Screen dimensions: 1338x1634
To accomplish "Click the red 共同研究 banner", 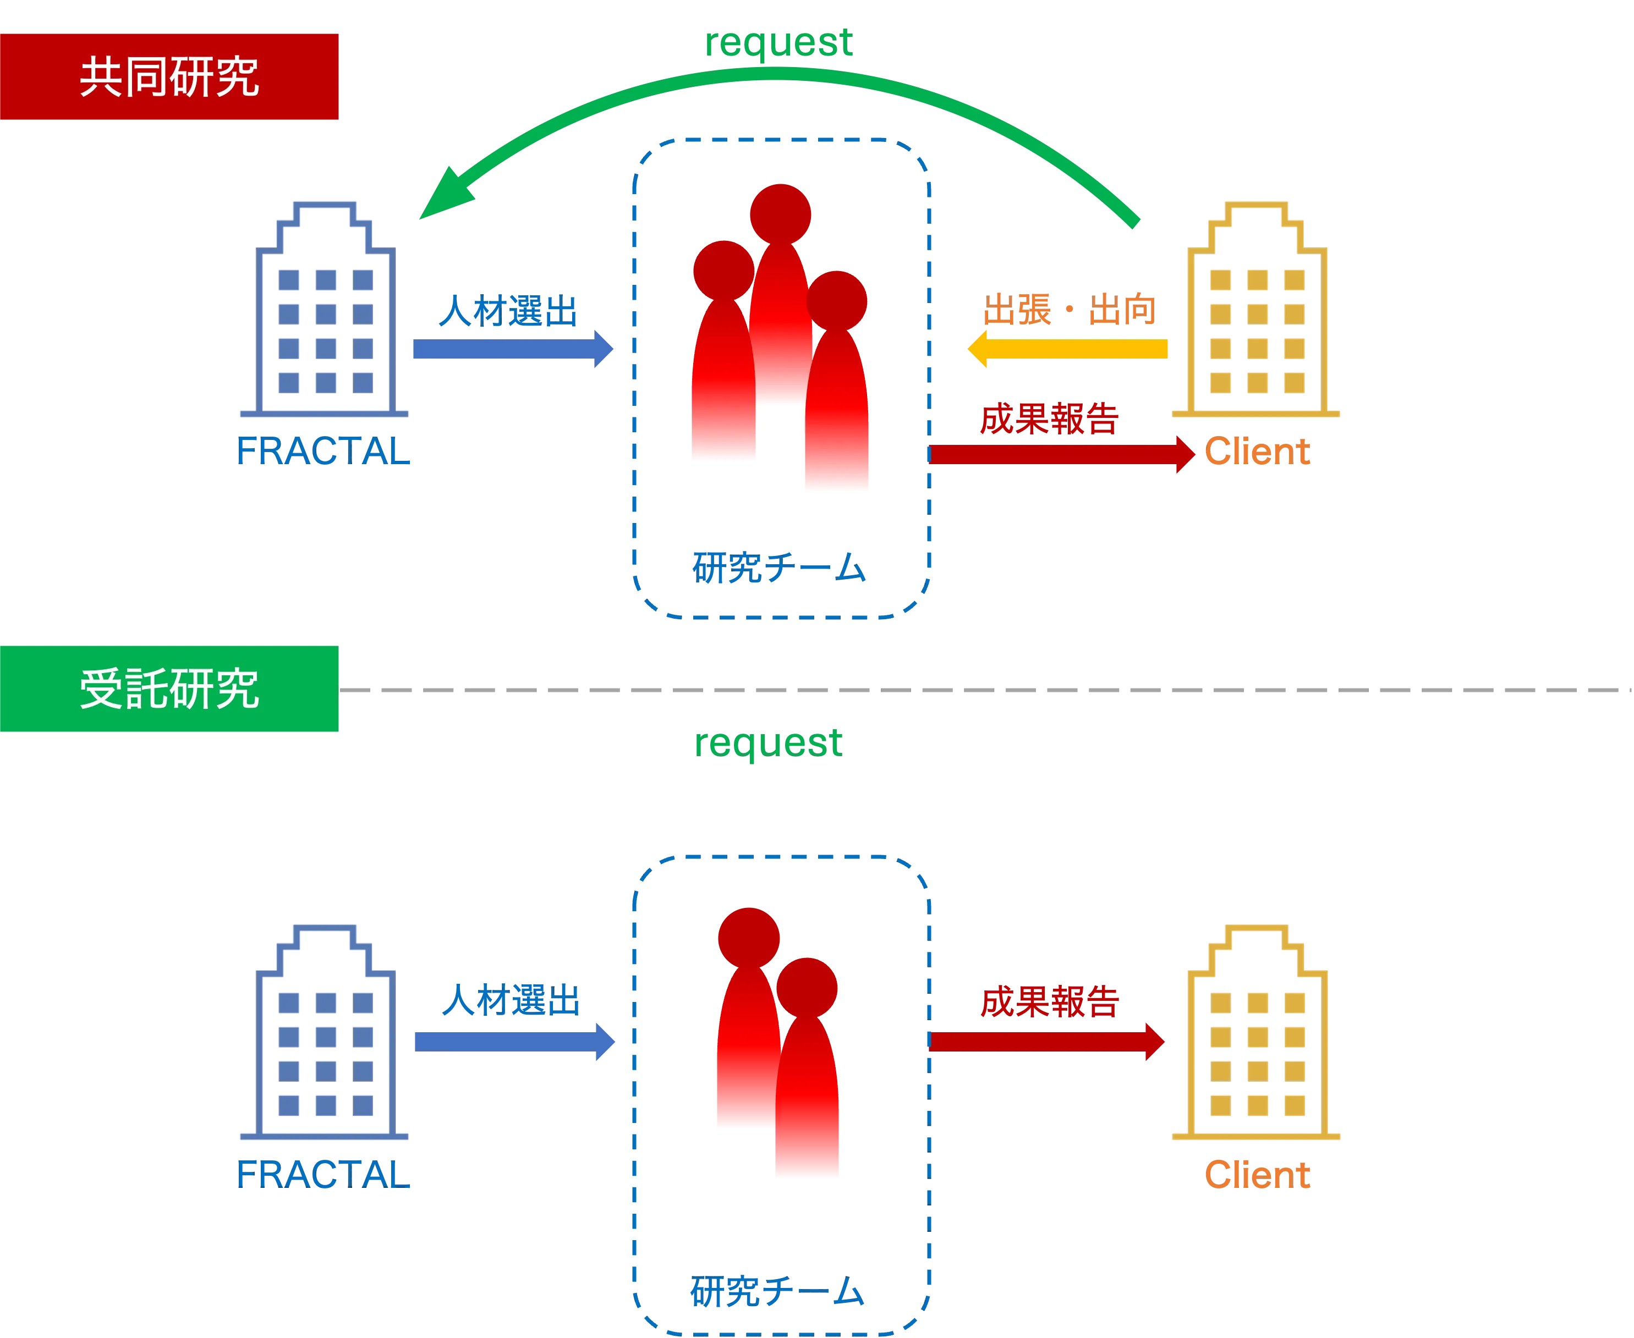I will click(169, 76).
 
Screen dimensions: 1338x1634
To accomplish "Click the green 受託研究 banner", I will click(169, 689).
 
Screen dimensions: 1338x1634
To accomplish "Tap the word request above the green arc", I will click(777, 42).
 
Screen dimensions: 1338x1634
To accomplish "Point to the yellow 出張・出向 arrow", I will click(1068, 349).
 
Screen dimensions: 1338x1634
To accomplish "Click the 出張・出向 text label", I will click(1070, 309).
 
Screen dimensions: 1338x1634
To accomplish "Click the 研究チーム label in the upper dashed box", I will click(779, 569).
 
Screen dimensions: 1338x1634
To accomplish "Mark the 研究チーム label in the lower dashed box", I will click(777, 1292).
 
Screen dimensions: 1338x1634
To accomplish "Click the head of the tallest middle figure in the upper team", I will click(780, 213).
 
